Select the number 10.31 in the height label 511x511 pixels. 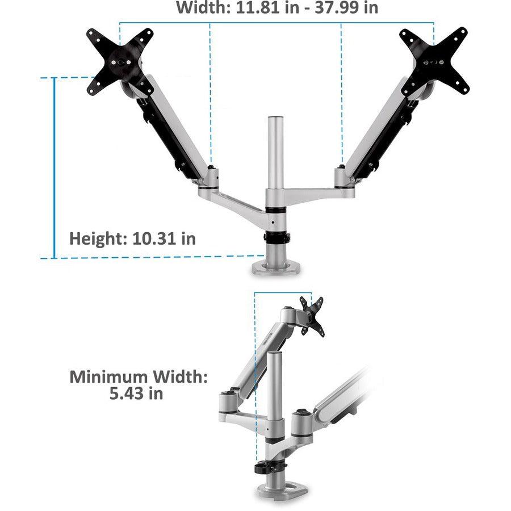click(155, 238)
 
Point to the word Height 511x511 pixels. click(95, 238)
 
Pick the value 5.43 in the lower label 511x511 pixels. click(125, 393)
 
